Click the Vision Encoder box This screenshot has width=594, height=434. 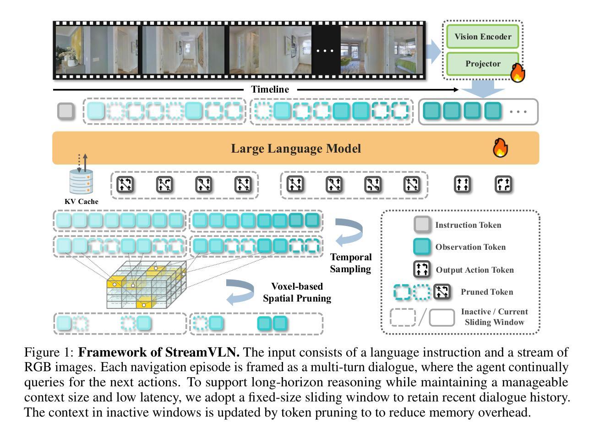tap(482, 37)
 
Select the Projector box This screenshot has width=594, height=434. tap(482, 64)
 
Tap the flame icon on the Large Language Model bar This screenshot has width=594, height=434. tap(500, 148)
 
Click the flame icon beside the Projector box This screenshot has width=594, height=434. tap(518, 73)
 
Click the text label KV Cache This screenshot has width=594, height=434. tap(82, 202)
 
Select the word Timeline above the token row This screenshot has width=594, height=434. tap(270, 89)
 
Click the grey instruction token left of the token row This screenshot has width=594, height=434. tap(66, 111)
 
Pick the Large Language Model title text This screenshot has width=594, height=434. tap(296, 148)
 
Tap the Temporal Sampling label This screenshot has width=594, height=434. tap(350, 263)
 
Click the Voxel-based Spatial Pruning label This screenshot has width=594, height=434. tap(297, 292)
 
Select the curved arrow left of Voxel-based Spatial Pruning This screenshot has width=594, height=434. tap(240, 292)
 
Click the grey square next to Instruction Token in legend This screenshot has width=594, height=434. tap(422, 225)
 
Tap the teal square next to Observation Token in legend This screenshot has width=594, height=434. tap(422, 247)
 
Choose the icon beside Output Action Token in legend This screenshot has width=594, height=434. tap(422, 269)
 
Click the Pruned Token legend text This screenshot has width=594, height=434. tap(487, 292)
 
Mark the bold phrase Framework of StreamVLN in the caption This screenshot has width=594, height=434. tap(159, 352)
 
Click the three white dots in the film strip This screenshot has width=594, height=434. tap(325, 50)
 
